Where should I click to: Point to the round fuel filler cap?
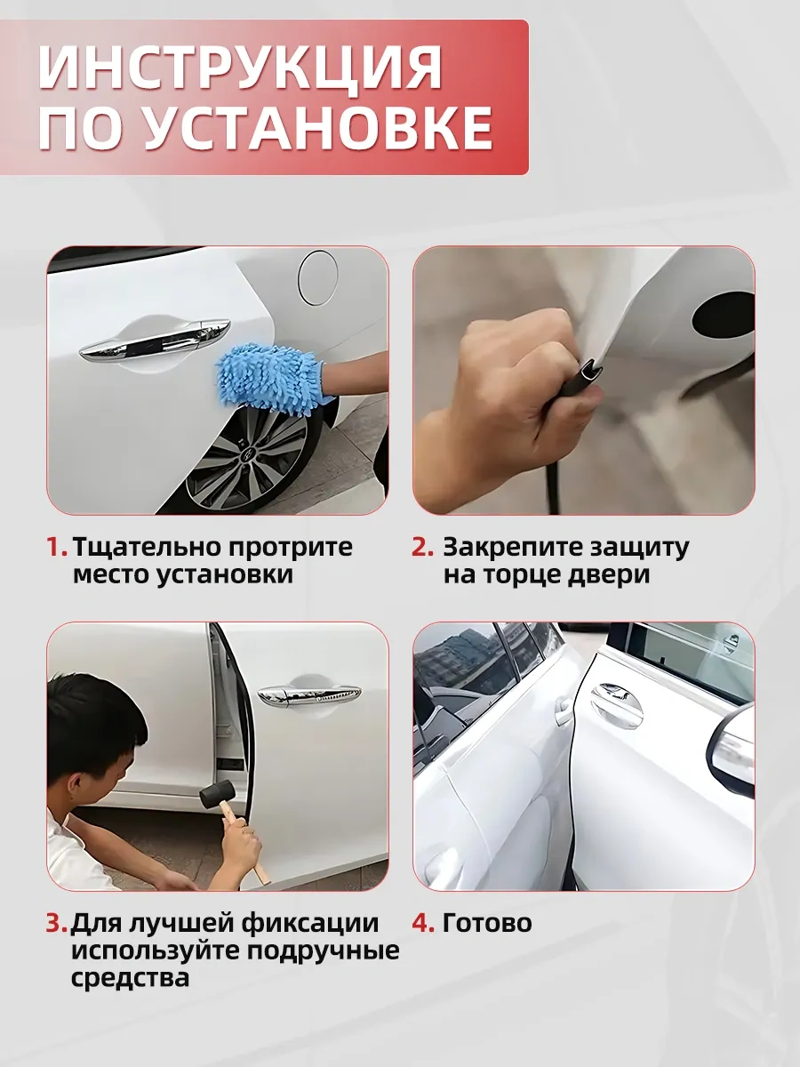pyautogui.click(x=318, y=278)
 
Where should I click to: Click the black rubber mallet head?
pyautogui.click(x=217, y=794)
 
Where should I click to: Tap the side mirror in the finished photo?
pyautogui.click(x=732, y=748)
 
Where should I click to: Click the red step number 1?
pyautogui.click(x=56, y=547)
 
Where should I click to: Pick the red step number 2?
pyautogui.click(x=422, y=547)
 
